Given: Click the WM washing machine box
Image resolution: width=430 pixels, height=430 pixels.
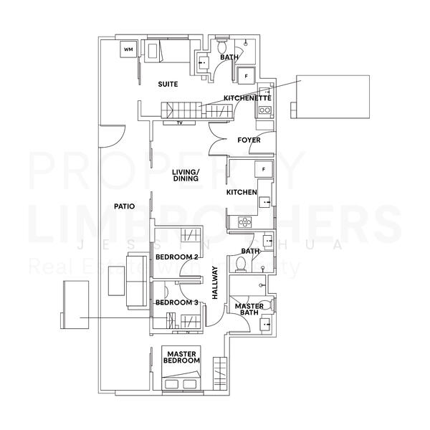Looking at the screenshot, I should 128,49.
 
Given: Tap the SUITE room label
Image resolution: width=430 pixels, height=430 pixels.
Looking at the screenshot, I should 168,85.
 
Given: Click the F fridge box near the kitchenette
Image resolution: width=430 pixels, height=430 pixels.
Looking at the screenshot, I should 247,75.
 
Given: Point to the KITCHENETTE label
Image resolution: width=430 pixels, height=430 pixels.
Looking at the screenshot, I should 247,97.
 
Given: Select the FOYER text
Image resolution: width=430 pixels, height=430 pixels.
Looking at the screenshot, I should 249,140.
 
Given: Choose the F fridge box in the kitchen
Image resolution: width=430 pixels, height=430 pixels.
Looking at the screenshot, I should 264,169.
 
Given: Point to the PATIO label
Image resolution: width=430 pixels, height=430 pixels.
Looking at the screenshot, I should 125,206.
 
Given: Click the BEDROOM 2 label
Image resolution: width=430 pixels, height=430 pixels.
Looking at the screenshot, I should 176,257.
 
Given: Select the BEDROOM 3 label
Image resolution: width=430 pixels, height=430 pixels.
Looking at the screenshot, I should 176,302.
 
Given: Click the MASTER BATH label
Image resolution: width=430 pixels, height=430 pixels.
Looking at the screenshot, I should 249,310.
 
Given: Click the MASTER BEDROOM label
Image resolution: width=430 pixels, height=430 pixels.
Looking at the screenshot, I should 182,358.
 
